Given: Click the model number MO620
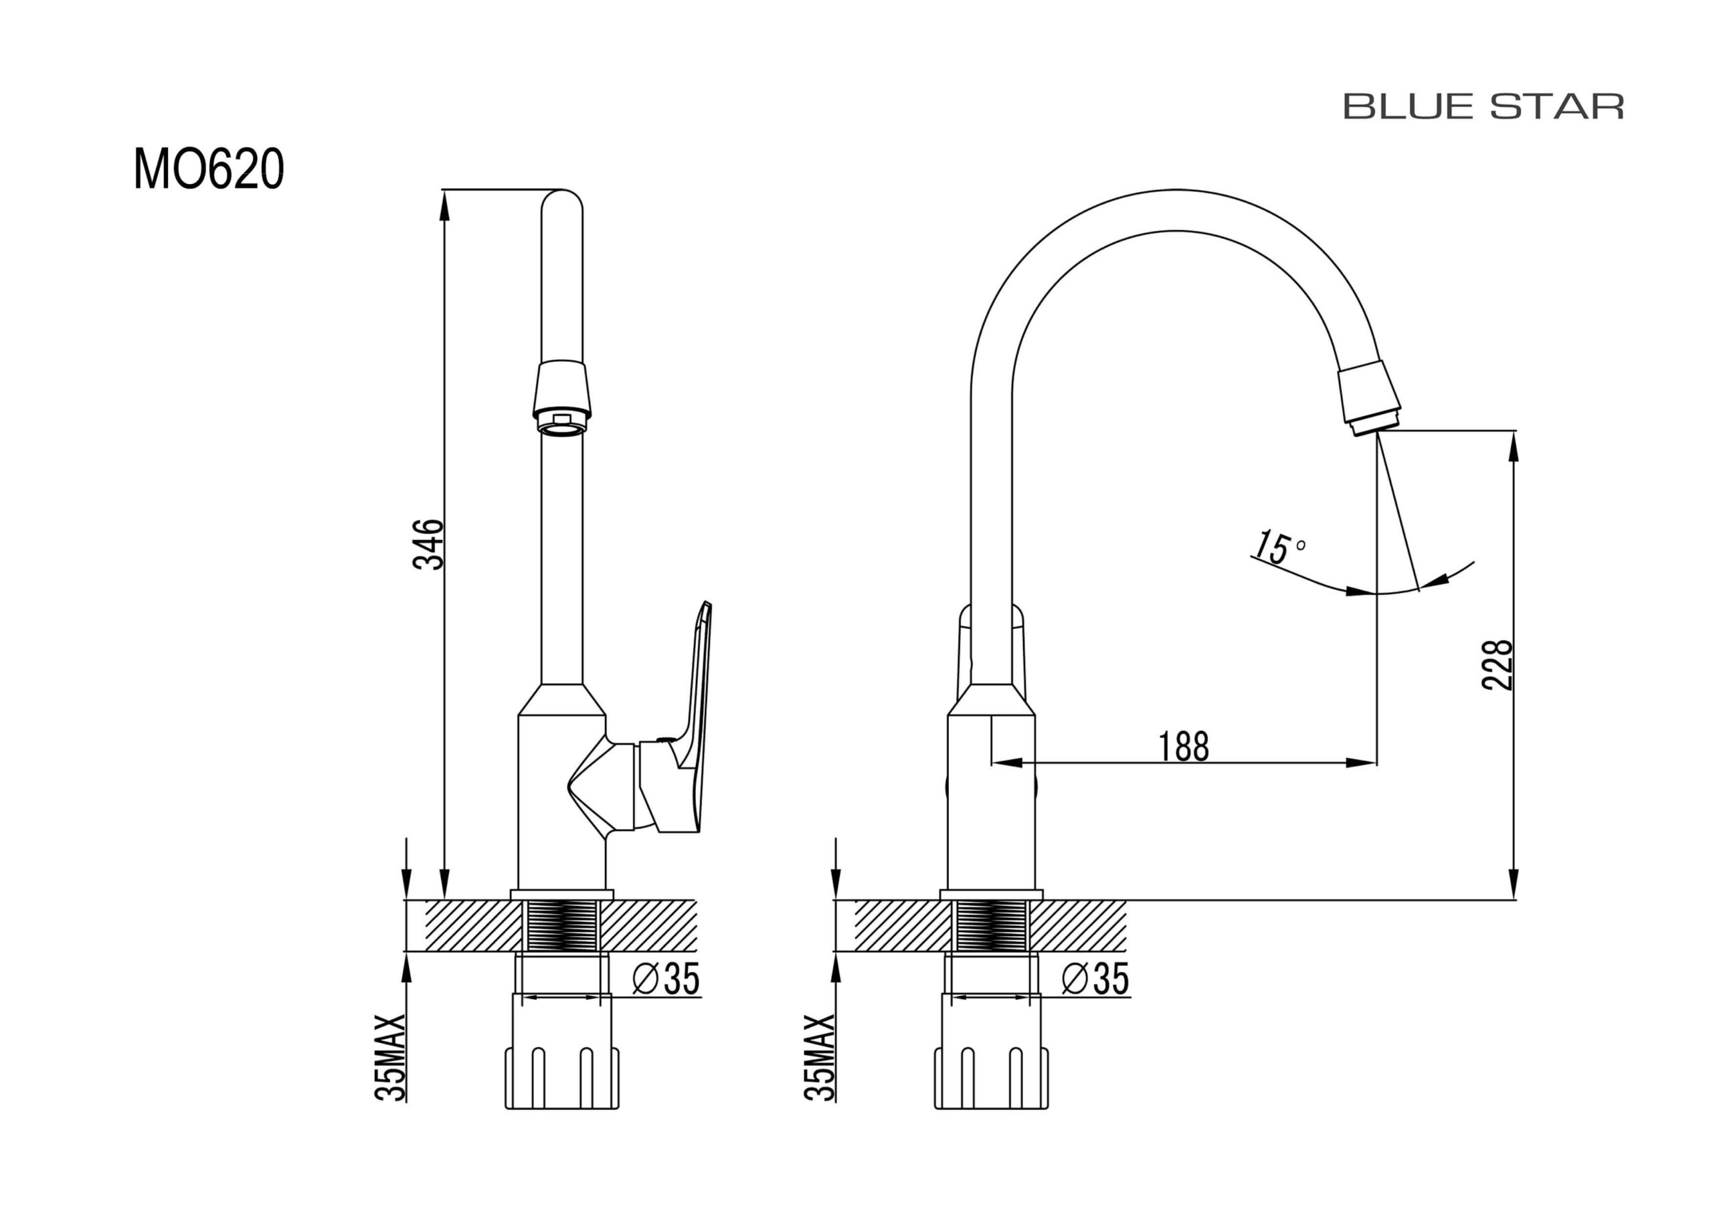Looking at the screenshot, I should click(x=209, y=169).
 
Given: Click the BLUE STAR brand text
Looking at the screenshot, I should click(x=1483, y=106).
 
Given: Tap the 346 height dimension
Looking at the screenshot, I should click(x=429, y=544).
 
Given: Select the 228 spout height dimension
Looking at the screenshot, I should click(x=1498, y=665).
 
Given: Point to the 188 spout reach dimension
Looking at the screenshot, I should click(x=1183, y=746).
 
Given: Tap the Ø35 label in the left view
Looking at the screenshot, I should click(x=666, y=979).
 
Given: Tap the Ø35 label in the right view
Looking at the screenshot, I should click(x=1095, y=979).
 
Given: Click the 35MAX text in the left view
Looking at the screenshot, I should click(x=390, y=1057).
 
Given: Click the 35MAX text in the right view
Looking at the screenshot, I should click(x=820, y=1057).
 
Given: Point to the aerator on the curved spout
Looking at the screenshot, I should click(x=1368, y=399).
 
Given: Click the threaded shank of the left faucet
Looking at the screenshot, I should click(x=562, y=925).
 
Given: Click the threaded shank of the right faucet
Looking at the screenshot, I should click(x=991, y=925).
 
